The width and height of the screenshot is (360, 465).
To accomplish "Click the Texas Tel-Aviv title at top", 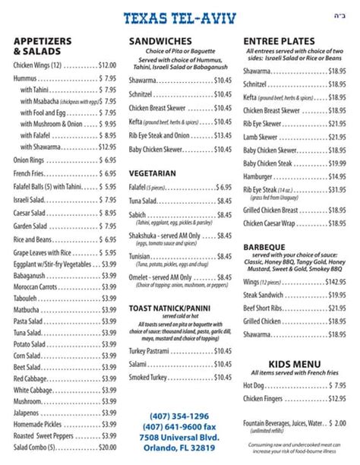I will [x=179, y=17].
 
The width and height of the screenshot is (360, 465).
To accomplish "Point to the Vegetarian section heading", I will [x=152, y=173].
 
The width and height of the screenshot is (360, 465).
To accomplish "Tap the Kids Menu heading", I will [x=292, y=364].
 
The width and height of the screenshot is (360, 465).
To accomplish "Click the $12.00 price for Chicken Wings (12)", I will [x=106, y=65].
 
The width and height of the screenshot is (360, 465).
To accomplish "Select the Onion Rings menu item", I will [x=30, y=160].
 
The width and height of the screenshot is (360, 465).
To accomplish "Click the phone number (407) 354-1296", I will [x=178, y=416].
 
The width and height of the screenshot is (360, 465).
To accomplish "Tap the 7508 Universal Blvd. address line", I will [x=178, y=438].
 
